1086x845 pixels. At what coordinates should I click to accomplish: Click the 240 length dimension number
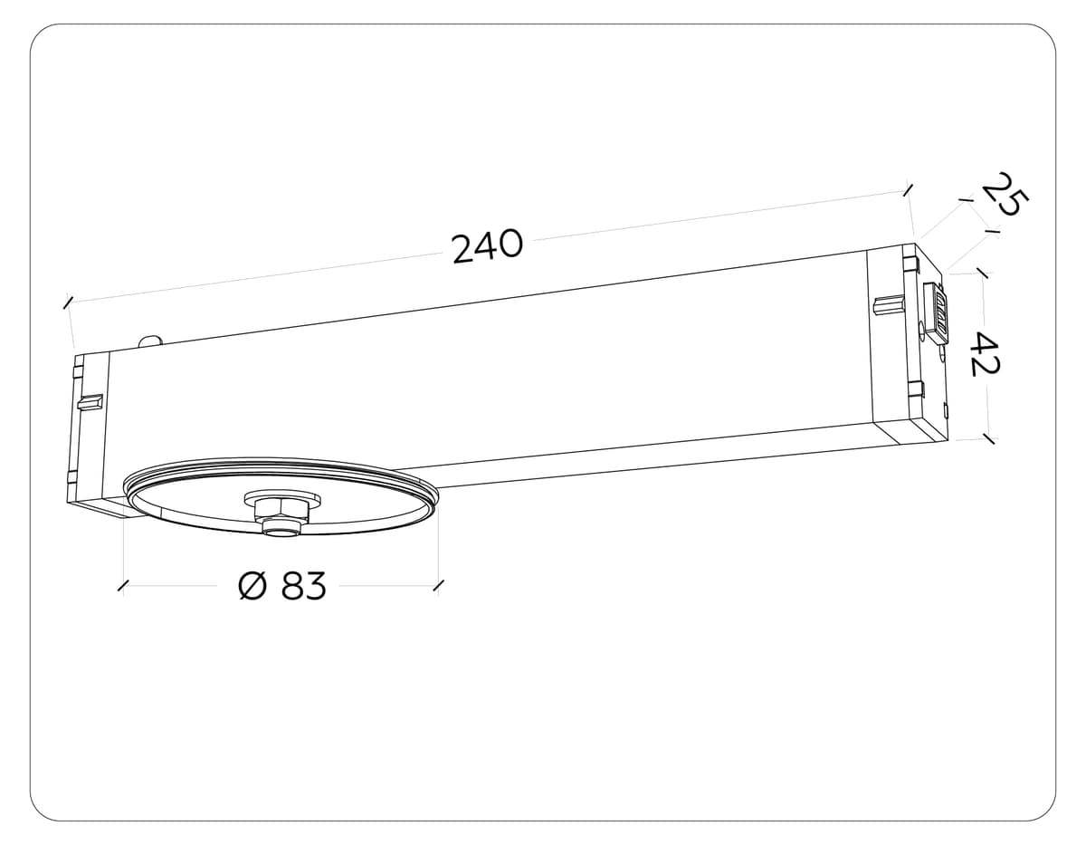[487, 246]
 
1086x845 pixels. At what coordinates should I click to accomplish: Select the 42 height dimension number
[984, 354]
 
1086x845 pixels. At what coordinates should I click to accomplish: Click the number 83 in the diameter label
[303, 587]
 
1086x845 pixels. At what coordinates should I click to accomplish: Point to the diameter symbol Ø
[253, 587]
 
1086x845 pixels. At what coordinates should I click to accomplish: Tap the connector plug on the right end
[938, 311]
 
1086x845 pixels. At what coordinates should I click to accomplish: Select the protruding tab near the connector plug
[889, 304]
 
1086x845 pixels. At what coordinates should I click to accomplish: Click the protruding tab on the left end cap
[90, 401]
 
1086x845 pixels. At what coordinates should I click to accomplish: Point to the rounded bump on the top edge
[150, 341]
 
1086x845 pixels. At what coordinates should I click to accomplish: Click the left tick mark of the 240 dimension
[68, 302]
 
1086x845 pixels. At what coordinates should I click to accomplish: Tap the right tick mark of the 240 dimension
[907, 189]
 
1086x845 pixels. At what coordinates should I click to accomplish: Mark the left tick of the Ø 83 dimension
[123, 587]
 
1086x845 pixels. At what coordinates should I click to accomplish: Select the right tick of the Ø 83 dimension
[438, 587]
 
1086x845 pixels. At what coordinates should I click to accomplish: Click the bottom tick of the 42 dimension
[988, 439]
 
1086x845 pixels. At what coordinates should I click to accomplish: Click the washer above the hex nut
[282, 500]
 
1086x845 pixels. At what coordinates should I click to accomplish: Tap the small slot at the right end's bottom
[945, 413]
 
